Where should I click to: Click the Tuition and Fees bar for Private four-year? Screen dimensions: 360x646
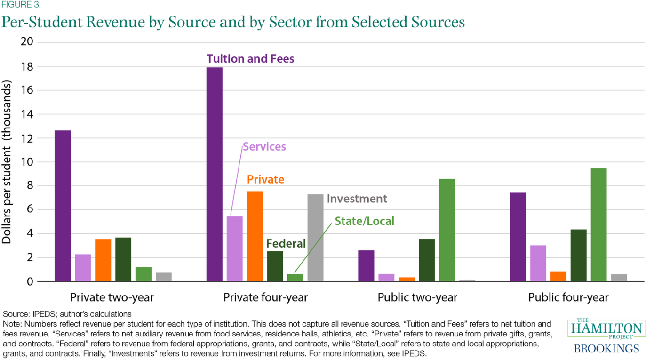tap(215, 174)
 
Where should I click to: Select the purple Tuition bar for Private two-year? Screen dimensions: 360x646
tap(63, 206)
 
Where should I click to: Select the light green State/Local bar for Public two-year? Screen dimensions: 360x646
tap(447, 230)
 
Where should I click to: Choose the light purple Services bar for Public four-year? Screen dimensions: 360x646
tap(538, 263)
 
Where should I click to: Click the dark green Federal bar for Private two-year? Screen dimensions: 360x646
tap(123, 259)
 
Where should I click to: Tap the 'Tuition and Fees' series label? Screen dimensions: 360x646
tap(250, 59)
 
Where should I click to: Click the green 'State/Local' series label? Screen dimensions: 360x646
tap(364, 221)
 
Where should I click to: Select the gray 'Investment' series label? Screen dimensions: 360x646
tap(357, 199)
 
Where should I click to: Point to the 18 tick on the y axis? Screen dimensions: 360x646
tap(28, 66)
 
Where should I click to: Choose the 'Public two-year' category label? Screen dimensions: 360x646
tap(417, 297)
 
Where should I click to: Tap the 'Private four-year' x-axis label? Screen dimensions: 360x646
tap(265, 297)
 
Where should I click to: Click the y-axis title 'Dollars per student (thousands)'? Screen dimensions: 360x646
tap(7, 162)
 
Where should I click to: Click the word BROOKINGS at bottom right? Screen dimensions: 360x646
tap(606, 349)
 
